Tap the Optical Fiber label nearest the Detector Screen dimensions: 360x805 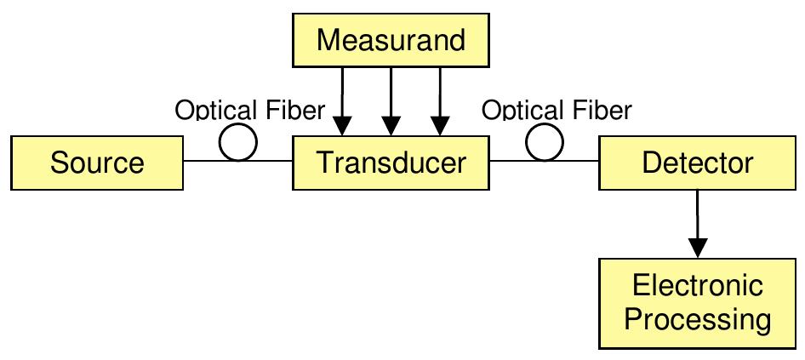pos(557,110)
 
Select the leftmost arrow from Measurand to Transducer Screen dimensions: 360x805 pos(341,102)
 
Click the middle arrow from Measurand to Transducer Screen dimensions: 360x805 pos(391,102)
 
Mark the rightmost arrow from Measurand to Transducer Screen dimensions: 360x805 pos(441,102)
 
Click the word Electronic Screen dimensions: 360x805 pos(697,286)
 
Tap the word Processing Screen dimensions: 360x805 pos(697,322)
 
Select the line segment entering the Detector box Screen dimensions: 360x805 pos(583,162)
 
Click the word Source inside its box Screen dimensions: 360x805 pos(97,163)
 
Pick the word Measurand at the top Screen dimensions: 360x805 pos(391,41)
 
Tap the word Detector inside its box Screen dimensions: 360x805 pos(698,163)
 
